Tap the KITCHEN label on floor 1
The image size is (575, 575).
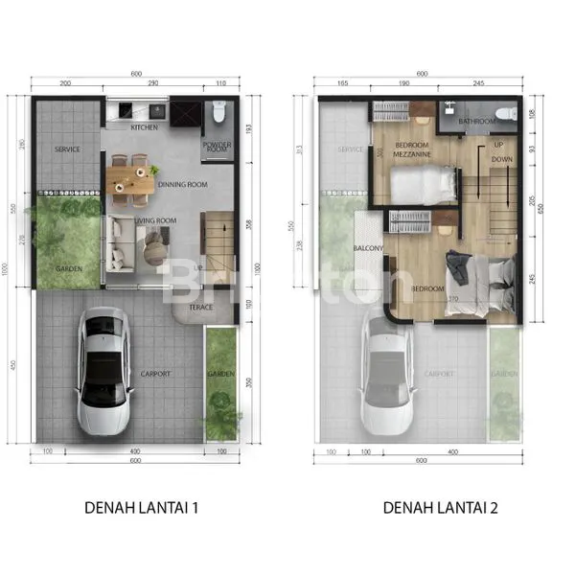coord(145,126)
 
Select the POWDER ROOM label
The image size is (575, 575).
coord(217,148)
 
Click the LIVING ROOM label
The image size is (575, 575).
coord(155,221)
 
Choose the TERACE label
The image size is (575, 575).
coord(200,307)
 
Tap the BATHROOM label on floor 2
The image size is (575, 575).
coord(476,122)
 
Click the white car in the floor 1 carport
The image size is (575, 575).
coord(103,369)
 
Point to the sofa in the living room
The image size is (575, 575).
coord(120,242)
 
